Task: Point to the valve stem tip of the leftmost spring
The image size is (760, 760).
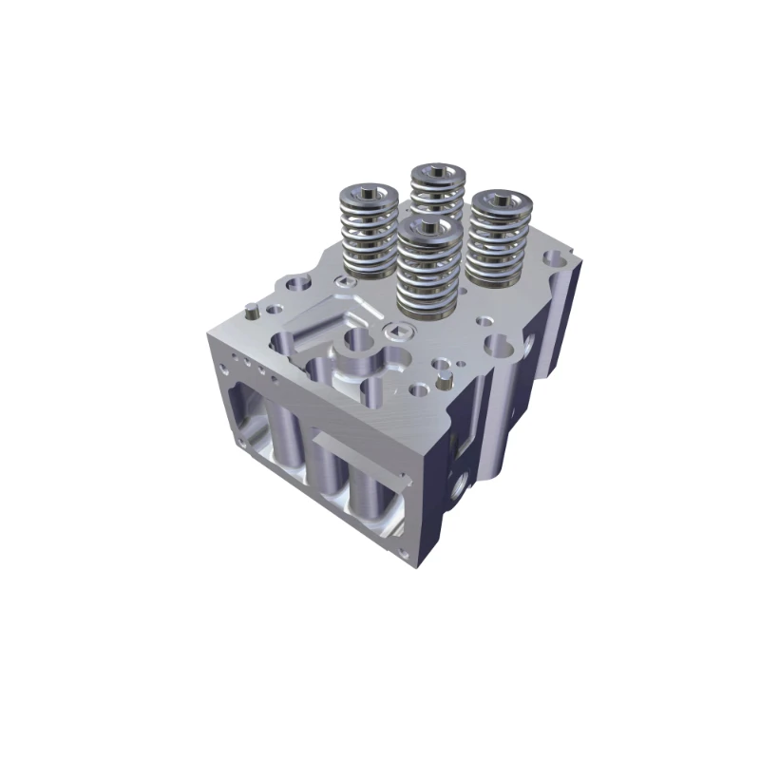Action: (367, 198)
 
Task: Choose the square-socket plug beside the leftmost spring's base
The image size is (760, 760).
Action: (339, 278)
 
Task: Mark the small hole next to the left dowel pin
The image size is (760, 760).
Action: (273, 310)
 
